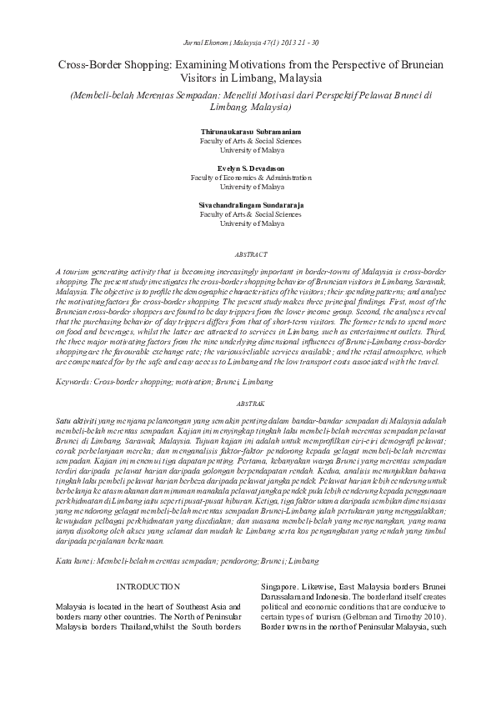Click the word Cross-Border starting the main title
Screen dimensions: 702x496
87,64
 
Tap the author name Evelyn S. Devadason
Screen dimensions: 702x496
248,168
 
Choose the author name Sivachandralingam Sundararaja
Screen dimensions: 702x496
248,205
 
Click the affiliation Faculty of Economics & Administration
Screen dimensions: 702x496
248,178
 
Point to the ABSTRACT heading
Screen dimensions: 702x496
248,254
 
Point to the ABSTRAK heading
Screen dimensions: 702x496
248,402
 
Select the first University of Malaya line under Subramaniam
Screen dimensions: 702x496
248,151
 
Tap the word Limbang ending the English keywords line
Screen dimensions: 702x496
260,381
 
